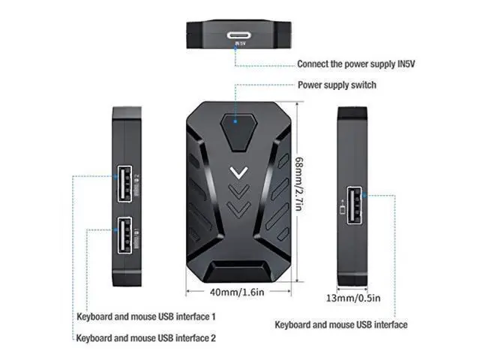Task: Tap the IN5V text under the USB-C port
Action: tap(239, 43)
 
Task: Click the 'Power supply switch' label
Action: tap(337, 85)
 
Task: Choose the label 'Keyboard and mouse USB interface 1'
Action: tap(146, 316)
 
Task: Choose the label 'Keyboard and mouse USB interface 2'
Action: tap(146, 338)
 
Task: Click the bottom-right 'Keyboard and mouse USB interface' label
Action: tap(341, 325)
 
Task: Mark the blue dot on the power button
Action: tap(235, 120)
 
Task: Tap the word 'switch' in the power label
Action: tap(362, 85)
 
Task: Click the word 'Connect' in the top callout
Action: tap(313, 64)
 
